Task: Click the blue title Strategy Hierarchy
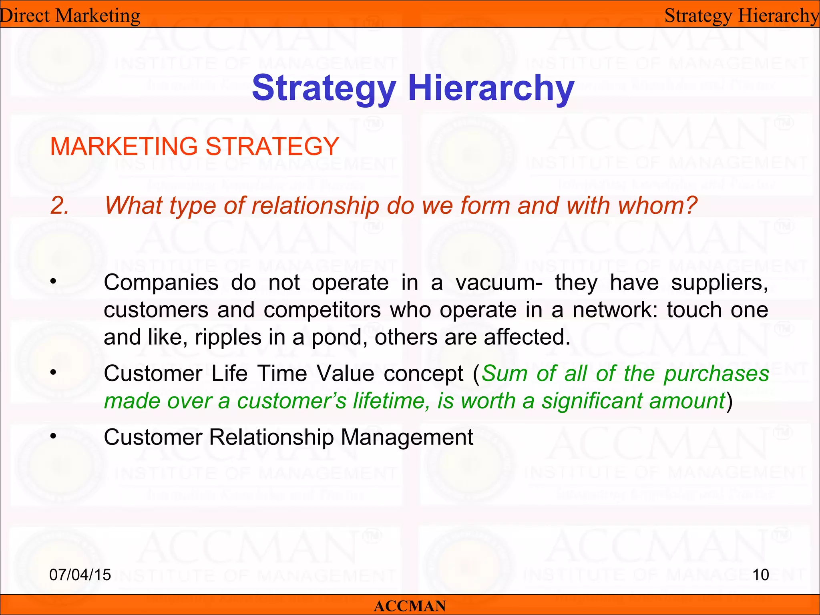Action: pos(413,88)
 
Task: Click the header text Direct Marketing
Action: pos(70,16)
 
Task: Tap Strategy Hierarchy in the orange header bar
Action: pos(742,16)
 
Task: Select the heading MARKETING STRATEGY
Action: pos(195,146)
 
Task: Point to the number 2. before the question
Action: pos(60,206)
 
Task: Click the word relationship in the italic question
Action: pos(315,207)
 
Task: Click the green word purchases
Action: pos(716,374)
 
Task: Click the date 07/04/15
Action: pos(80,575)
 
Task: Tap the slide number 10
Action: pos(760,575)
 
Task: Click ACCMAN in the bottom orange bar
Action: pos(410,606)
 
